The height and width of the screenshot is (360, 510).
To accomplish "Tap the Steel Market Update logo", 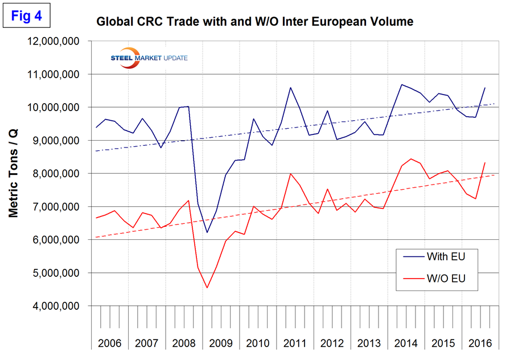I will click(x=150, y=58).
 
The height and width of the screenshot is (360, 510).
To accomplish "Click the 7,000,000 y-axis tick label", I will click(x=58, y=207).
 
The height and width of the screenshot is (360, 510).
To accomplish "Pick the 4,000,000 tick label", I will click(x=58, y=306).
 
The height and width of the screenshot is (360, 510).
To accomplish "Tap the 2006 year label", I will click(x=109, y=343).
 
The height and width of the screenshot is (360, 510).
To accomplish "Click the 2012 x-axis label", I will click(x=331, y=343).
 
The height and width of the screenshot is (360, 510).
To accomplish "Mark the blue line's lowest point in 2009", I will click(x=207, y=232).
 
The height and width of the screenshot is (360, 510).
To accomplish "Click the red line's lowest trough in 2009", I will click(x=207, y=288).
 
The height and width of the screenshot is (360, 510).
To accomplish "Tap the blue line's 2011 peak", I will click(x=290, y=88).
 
